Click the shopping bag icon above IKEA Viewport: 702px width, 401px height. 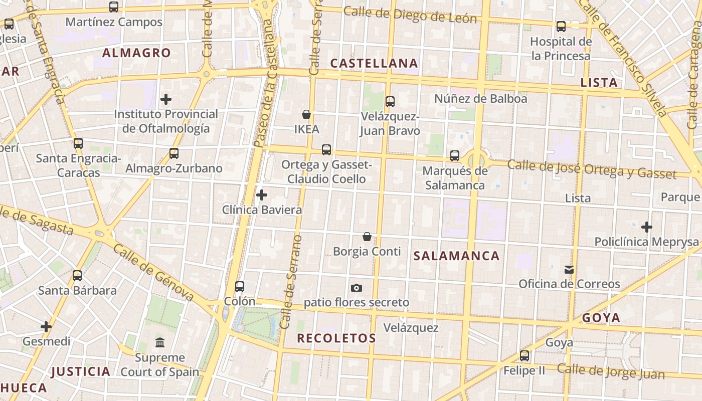pyautogui.click(x=306, y=114)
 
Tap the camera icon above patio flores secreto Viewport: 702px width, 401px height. pyautogui.click(x=357, y=288)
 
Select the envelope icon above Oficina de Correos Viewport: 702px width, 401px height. pyautogui.click(x=569, y=269)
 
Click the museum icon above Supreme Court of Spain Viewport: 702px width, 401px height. pyautogui.click(x=160, y=343)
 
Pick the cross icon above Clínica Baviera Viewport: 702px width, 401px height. pyautogui.click(x=262, y=195)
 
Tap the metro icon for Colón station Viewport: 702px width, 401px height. pyautogui.click(x=240, y=287)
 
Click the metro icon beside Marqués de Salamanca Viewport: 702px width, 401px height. pyautogui.click(x=455, y=156)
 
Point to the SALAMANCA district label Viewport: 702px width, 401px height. pyautogui.click(x=456, y=256)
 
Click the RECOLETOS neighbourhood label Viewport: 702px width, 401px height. pyautogui.click(x=336, y=338)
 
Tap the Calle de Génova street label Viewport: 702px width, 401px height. pyautogui.click(x=153, y=274)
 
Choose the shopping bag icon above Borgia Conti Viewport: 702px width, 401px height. pyautogui.click(x=367, y=237)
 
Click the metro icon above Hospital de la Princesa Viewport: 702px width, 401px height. pyautogui.click(x=561, y=27)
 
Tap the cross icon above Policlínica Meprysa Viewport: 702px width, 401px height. pyautogui.click(x=647, y=227)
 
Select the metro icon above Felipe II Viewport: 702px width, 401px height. pyautogui.click(x=524, y=356)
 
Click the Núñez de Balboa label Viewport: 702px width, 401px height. pyautogui.click(x=481, y=99)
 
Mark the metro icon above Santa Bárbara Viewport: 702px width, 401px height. pyautogui.click(x=77, y=275)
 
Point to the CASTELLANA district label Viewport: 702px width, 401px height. pyautogui.click(x=374, y=63)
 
